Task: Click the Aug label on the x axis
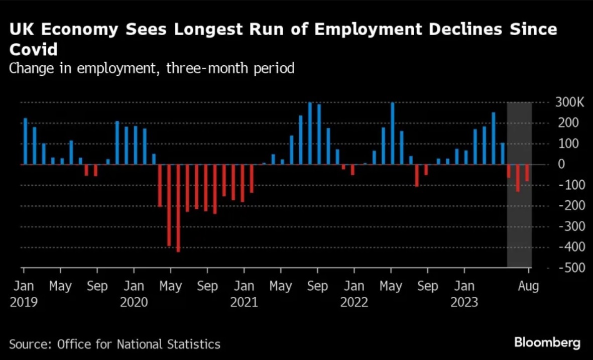528,287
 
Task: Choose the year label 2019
24,302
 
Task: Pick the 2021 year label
244,302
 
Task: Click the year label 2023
464,302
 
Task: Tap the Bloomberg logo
547,343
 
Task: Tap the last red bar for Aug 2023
527,173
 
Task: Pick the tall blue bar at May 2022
393,134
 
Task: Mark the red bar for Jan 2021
252,178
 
